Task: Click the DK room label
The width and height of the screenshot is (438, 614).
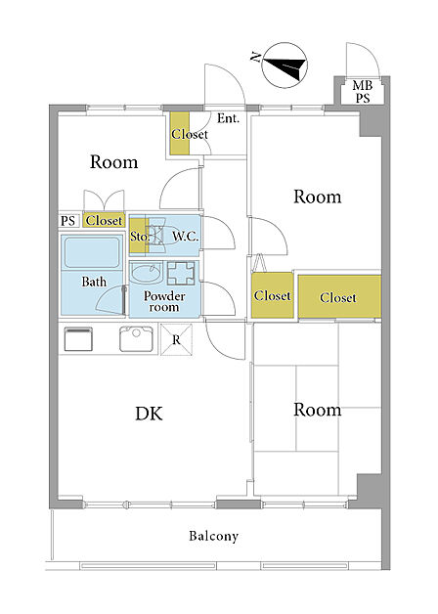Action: pos(149,414)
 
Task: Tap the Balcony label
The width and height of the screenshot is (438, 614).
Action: pos(213,536)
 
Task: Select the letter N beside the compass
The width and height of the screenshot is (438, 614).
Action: pos(255,58)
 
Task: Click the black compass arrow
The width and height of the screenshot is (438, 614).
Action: pos(285,66)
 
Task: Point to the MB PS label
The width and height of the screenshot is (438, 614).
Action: pos(363,91)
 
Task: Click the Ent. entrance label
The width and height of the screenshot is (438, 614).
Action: pos(228,118)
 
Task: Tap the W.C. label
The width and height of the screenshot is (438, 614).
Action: pos(185,237)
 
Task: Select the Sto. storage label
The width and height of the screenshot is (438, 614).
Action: pos(140,237)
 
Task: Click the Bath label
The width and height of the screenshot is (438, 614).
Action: pos(94,282)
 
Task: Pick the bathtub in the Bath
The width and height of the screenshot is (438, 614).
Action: pos(92,252)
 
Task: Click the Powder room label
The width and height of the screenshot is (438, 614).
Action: pos(164,301)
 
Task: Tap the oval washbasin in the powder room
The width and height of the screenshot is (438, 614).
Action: pos(146,273)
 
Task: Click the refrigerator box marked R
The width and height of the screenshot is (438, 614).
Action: pos(177,339)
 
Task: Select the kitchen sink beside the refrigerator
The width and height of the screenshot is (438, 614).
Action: pos(136,338)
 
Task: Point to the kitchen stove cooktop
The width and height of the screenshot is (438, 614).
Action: pos(78,339)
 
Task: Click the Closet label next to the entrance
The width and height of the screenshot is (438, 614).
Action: pos(190,134)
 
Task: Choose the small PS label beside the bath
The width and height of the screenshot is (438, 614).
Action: pos(67,221)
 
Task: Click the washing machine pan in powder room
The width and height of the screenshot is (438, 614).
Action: pos(181,273)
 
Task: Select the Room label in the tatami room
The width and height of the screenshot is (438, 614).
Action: pos(318,410)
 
